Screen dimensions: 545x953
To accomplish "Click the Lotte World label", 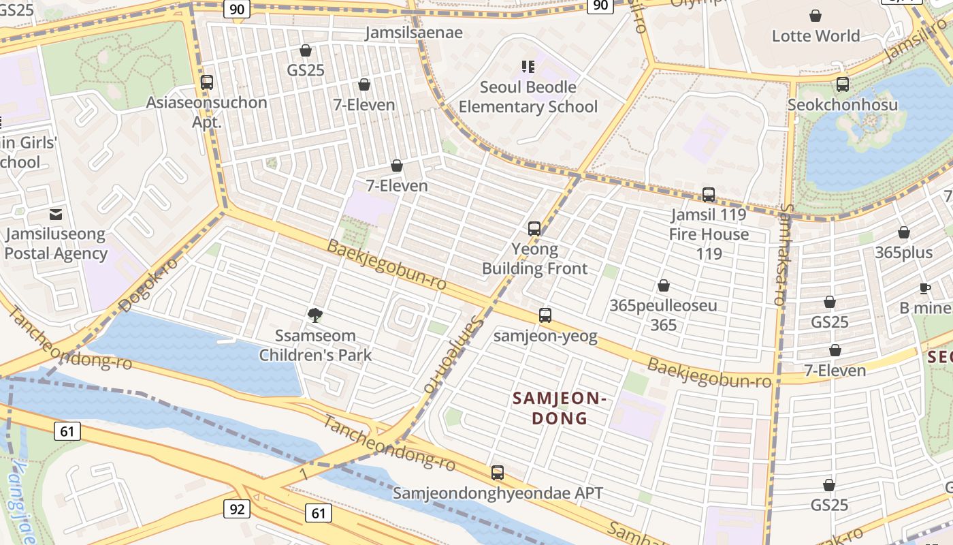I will (815, 35).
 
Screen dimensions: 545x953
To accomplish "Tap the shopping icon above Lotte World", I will (815, 16).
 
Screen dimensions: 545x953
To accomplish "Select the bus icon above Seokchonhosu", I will (843, 84).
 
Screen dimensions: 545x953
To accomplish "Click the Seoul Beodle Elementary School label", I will (528, 97).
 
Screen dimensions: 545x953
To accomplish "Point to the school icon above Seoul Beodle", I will (528, 67).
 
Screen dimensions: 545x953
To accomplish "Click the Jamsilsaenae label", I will (414, 33).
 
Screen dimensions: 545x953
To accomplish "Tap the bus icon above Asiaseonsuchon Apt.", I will (207, 82).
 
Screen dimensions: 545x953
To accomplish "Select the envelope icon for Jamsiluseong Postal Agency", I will (56, 215).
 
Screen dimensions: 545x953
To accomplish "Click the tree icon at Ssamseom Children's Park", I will (315, 315).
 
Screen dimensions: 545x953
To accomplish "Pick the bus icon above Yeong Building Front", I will (534, 229).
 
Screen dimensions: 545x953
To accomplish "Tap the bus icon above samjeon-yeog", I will (545, 315).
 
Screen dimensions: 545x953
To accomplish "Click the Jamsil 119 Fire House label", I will (709, 225).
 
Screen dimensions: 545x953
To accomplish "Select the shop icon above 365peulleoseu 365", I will (664, 285).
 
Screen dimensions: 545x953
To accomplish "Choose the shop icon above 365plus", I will (904, 233).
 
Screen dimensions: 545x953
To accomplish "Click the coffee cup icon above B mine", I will (925, 288).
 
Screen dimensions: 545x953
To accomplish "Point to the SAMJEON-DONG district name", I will (559, 408).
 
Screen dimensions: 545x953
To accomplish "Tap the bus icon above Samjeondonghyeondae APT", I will (498, 473).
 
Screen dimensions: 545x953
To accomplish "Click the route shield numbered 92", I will (237, 509).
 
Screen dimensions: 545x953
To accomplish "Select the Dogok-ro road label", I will (148, 285).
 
